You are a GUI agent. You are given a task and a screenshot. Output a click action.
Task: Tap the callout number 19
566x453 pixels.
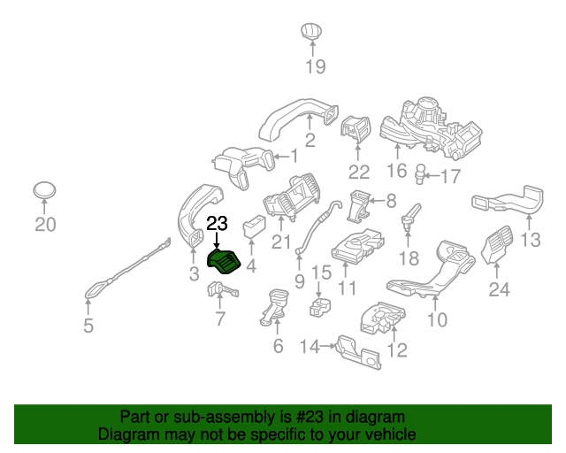[316, 66]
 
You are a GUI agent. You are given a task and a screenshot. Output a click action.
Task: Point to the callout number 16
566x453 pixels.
[396, 171]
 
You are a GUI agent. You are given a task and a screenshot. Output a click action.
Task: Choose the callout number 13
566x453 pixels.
[530, 240]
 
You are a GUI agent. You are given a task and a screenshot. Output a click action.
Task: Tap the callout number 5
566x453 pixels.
[88, 326]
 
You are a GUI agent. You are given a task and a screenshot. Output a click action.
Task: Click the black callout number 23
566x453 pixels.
[217, 223]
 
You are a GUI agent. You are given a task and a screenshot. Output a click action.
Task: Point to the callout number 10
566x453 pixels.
[437, 319]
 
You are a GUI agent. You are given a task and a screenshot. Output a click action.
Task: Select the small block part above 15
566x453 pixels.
[319, 309]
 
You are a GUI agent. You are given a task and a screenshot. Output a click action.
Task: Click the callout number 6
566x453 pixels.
[278, 347]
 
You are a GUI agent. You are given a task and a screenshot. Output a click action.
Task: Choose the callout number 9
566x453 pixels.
[299, 282]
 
